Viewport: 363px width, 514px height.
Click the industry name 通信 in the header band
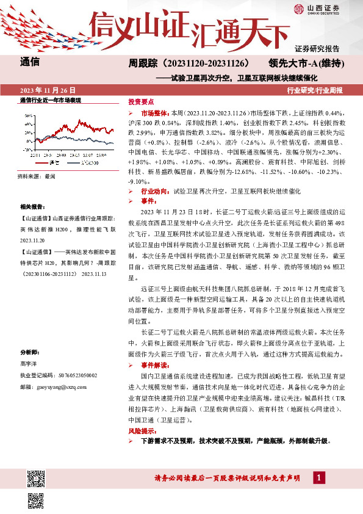[30, 62]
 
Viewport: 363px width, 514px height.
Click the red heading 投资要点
[141, 102]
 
